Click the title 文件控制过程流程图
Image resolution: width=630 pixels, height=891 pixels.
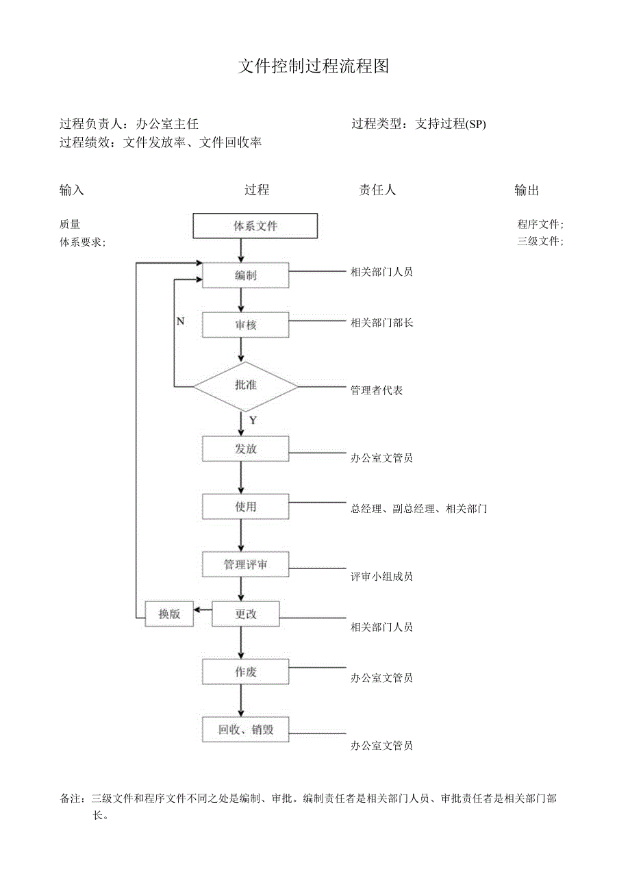(x=314, y=66)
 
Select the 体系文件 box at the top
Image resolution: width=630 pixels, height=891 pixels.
(x=255, y=226)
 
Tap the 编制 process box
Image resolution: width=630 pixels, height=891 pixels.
(x=245, y=275)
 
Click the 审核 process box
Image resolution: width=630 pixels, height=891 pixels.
(x=245, y=325)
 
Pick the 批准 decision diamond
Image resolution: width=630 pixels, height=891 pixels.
(x=245, y=386)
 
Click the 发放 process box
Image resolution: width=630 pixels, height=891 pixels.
(x=245, y=449)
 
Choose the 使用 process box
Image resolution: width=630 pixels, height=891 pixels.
(x=245, y=507)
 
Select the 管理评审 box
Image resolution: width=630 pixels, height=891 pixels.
(x=245, y=565)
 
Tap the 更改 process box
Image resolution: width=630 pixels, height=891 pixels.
(x=245, y=614)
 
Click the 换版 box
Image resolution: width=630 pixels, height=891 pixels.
(x=169, y=614)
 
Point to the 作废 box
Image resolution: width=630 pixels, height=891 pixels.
(x=245, y=672)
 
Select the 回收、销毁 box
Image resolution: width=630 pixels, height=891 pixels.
(x=245, y=729)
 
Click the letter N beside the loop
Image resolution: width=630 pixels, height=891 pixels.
(x=180, y=321)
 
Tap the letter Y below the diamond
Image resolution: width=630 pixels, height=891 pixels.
(x=253, y=421)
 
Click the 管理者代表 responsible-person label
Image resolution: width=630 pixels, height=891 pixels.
(x=377, y=390)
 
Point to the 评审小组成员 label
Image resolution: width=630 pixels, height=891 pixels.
(x=381, y=577)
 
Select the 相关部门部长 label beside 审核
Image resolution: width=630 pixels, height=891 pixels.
(x=381, y=323)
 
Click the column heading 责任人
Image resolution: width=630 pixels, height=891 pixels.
(x=377, y=190)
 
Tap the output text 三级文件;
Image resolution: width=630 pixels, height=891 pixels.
(x=540, y=241)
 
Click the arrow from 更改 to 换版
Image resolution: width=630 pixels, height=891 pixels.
(x=203, y=609)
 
